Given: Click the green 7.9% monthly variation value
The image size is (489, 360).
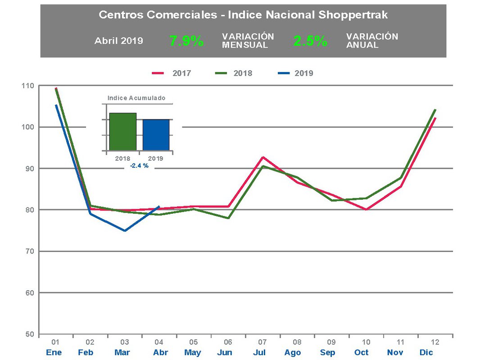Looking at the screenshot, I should click(186, 41).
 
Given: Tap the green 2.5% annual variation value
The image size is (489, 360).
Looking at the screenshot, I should click(310, 41).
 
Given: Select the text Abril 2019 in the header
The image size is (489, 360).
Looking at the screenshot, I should click(119, 41).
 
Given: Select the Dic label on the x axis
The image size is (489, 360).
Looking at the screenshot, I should click(426, 352).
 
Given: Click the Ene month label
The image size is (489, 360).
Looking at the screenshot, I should click(54, 352).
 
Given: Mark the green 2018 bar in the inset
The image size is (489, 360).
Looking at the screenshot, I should click(122, 131).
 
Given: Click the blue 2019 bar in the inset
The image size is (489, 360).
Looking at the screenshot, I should click(156, 135).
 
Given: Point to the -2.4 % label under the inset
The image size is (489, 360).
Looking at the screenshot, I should click(139, 166).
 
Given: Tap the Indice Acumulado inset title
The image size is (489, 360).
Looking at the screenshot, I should click(136, 98).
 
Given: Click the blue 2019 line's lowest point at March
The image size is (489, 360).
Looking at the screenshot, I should click(125, 231).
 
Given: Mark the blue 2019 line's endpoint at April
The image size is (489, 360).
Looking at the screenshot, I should click(159, 207).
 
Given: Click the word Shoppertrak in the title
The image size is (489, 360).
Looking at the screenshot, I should click(353, 15).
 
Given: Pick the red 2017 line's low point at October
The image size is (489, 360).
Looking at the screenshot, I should click(367, 210).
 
